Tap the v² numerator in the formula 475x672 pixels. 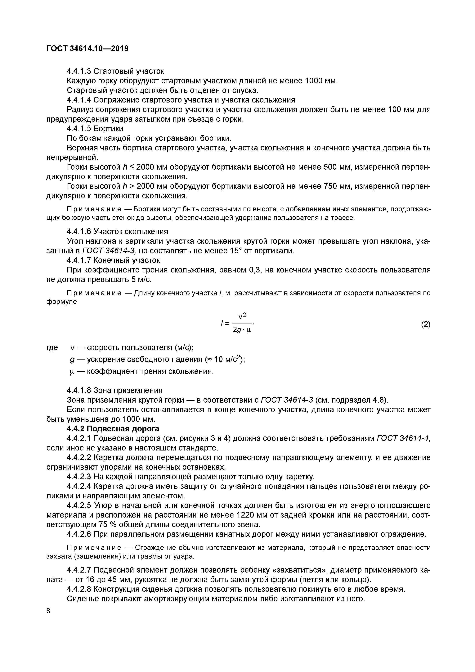(x=242, y=316)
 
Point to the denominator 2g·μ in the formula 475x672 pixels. (x=242, y=330)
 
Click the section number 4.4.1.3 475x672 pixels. (x=79, y=71)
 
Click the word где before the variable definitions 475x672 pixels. (x=52, y=347)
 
